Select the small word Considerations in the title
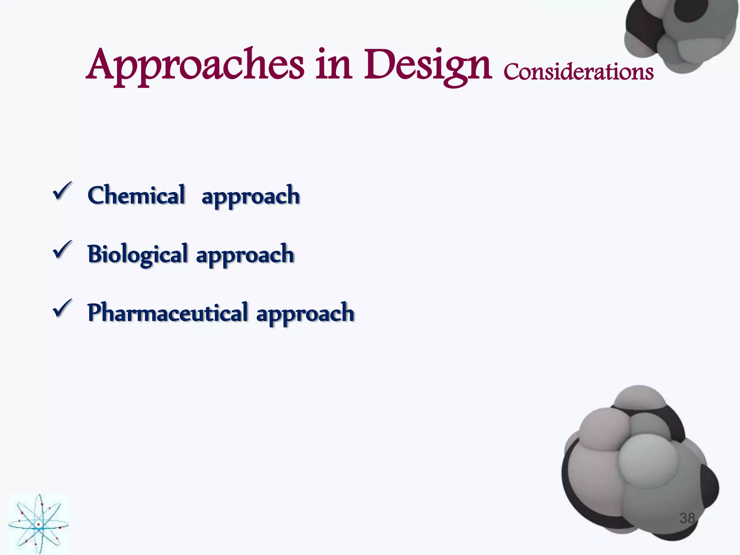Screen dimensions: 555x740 (578, 72)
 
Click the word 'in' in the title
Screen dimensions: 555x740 (334, 65)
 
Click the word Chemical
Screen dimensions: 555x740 (136, 195)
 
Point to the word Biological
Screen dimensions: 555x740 (137, 254)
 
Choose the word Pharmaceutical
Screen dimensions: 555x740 (167, 313)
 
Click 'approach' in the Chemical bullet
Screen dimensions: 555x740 (250, 196)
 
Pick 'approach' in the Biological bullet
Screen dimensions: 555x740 (245, 255)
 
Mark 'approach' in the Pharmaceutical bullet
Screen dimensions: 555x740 (305, 314)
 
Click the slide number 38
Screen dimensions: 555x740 (687, 518)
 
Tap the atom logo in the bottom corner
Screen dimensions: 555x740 (39, 524)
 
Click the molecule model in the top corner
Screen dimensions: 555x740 (681, 33)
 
